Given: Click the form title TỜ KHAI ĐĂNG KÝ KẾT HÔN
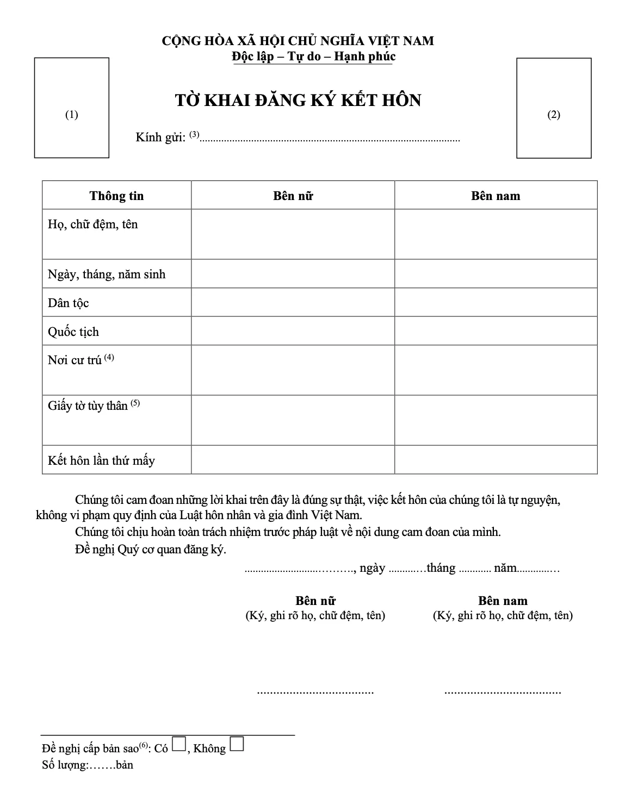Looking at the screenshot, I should (x=298, y=101).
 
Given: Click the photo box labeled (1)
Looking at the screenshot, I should (x=72, y=108).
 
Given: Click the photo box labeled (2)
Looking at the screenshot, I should (x=554, y=108).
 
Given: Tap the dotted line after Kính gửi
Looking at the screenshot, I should (x=330, y=139).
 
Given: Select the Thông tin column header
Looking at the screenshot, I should (x=116, y=196).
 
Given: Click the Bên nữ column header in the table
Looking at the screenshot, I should (x=293, y=196).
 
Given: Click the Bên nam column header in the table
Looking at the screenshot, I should (x=496, y=196).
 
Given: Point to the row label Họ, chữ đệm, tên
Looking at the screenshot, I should (x=93, y=224).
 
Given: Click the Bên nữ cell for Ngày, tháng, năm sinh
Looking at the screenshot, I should (x=293, y=274).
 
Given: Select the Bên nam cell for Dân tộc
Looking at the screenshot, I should (x=496, y=303).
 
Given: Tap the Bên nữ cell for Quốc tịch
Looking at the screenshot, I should (x=293, y=331).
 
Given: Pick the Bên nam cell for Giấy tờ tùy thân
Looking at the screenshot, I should (x=496, y=420).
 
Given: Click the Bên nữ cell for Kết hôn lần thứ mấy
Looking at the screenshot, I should (x=293, y=460).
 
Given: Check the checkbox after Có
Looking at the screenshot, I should (x=179, y=744).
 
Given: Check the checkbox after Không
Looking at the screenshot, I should (x=237, y=744).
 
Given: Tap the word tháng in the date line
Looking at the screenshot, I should (x=441, y=568).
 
